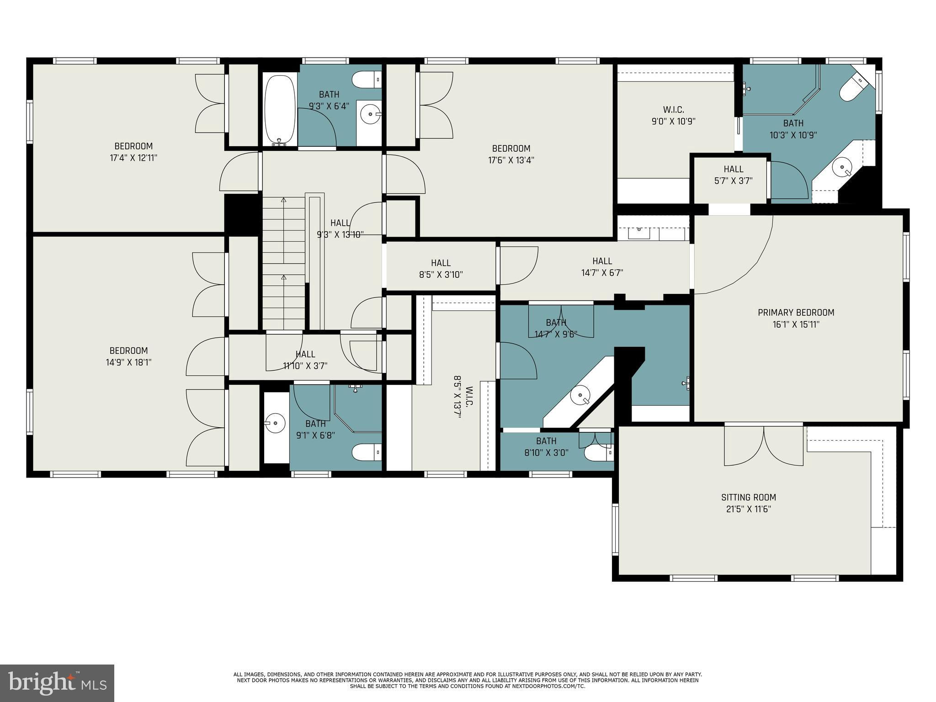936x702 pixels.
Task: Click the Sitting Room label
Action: [749, 497]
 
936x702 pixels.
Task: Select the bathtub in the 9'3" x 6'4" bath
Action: [280, 110]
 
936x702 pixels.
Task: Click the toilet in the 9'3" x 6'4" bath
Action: [366, 80]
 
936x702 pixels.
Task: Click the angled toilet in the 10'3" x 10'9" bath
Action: [852, 88]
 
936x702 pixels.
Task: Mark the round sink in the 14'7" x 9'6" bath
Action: [580, 395]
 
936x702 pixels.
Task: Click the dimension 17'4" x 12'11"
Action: [133, 158]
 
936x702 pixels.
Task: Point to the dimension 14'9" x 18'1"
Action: [128, 362]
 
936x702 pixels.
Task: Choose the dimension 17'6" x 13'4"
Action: [511, 160]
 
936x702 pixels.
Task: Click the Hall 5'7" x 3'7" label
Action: [733, 175]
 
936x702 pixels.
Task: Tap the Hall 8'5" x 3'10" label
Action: [441, 269]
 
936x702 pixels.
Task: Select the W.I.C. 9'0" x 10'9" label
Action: [674, 116]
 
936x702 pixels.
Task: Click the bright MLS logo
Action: [57, 682]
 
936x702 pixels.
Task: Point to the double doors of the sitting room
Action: [763, 446]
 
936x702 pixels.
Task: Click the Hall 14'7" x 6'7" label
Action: [602, 267]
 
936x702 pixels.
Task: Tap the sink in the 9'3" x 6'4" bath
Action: [370, 113]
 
